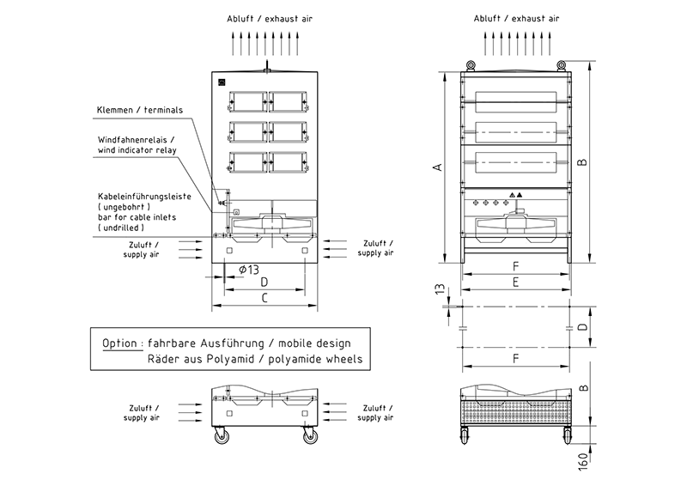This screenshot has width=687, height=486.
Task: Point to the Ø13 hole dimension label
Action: pyautogui.click(x=247, y=270)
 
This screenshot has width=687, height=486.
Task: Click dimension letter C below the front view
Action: pyautogui.click(x=264, y=298)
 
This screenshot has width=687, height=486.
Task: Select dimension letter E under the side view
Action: pyautogui.click(x=515, y=282)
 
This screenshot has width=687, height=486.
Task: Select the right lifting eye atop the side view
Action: pyautogui.click(x=561, y=64)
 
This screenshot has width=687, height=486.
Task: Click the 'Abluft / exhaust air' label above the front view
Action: pyautogui.click(x=264, y=18)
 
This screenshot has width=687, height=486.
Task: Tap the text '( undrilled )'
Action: pyautogui.click(x=126, y=228)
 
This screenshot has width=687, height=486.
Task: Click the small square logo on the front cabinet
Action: pyautogui.click(x=221, y=82)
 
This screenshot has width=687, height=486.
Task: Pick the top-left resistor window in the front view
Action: pyautogui.click(x=246, y=100)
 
